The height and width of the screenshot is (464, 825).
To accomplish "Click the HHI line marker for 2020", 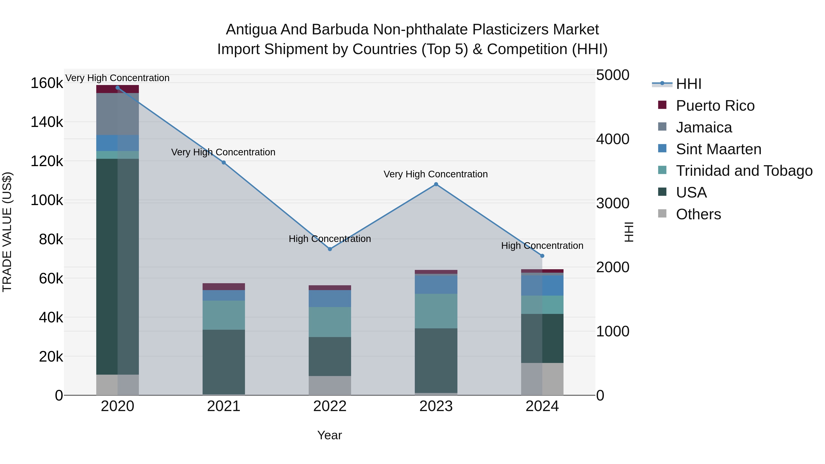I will [x=118, y=88].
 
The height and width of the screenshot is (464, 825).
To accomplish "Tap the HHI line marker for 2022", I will [x=330, y=249].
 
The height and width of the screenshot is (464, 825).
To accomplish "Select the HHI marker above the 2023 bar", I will [x=436, y=184].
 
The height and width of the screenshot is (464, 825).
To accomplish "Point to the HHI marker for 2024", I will [x=542, y=256].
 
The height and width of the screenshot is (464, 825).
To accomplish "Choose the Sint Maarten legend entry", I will [x=718, y=149].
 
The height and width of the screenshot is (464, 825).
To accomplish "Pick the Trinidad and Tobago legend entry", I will [x=744, y=171].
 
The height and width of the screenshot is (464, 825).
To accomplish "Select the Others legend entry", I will [x=698, y=214].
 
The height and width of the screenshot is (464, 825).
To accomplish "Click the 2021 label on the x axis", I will [x=223, y=406].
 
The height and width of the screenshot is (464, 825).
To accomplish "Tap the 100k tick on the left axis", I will [x=47, y=200].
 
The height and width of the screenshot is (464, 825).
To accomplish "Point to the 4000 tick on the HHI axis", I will [x=612, y=139].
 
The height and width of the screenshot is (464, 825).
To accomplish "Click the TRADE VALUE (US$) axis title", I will [x=7, y=232].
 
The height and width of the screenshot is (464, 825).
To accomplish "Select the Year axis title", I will [x=330, y=435].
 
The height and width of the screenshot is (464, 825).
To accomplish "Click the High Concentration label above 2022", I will [x=330, y=239].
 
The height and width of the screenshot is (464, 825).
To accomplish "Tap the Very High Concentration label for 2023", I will [x=436, y=174].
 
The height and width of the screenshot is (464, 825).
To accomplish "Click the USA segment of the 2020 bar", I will [x=118, y=266].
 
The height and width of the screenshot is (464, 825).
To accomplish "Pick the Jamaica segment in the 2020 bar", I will [x=118, y=114].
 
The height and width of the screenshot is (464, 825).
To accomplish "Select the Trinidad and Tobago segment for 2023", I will [x=436, y=311].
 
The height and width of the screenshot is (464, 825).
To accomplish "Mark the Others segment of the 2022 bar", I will [x=330, y=386].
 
